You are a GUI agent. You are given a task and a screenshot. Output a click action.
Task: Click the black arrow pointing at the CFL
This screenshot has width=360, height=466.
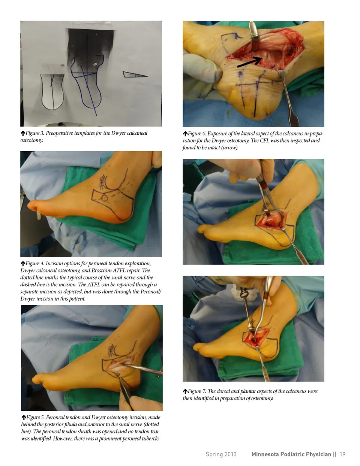click(x=249, y=62)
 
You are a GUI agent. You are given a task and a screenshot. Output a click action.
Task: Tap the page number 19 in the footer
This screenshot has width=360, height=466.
click(x=342, y=454)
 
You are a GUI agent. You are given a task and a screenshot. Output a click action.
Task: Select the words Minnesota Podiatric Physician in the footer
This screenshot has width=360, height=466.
click(x=291, y=454)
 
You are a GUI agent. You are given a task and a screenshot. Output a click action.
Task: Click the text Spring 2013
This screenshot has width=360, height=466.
click(x=221, y=454)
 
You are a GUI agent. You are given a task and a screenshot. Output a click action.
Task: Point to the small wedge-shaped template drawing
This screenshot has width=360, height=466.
click(x=135, y=74)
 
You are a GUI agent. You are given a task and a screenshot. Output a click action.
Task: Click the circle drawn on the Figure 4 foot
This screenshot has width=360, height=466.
click(x=104, y=198)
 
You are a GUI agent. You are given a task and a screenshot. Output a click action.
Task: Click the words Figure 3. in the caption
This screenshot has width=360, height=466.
click(x=35, y=133)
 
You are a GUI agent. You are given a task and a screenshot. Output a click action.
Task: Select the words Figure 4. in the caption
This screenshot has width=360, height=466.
click(x=35, y=263)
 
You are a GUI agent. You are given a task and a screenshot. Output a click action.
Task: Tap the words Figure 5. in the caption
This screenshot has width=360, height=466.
click(x=35, y=417)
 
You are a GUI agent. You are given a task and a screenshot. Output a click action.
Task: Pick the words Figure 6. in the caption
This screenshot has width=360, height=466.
click(x=197, y=134)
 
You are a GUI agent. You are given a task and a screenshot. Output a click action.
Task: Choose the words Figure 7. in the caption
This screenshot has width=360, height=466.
click(x=197, y=391)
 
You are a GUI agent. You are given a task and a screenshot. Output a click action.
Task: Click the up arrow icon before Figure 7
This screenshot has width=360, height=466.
click(x=185, y=391)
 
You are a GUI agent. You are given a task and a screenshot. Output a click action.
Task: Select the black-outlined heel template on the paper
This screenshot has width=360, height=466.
click(x=52, y=92)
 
